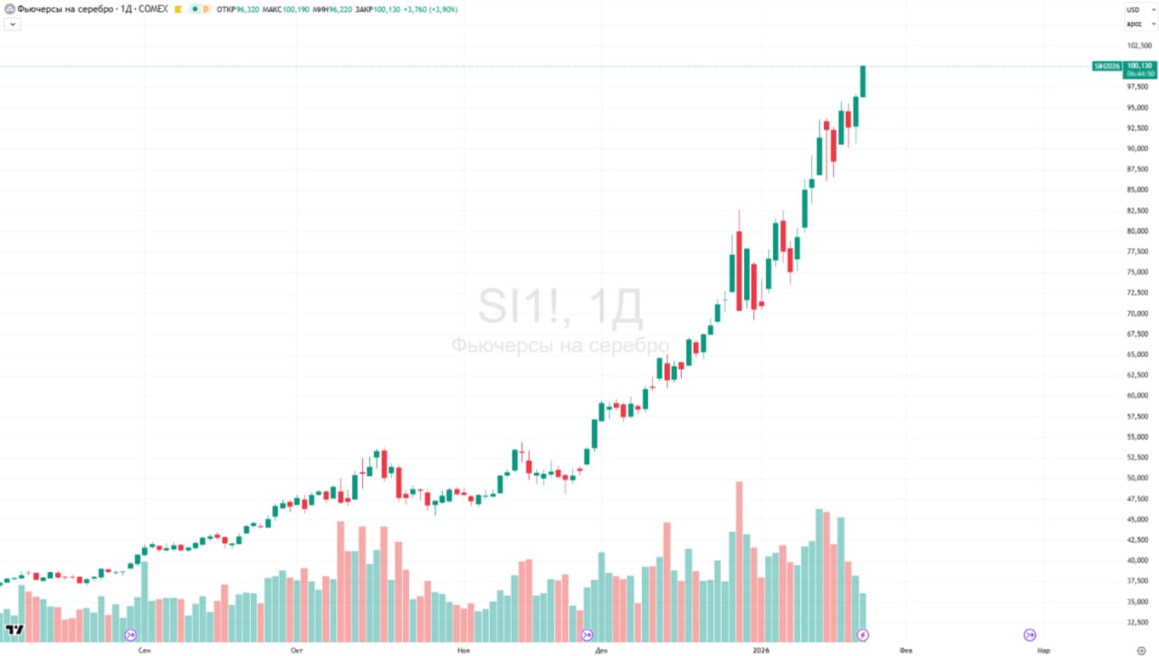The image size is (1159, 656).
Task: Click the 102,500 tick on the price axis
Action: pos(1138,45)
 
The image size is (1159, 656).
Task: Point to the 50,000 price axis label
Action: pos(1138,478)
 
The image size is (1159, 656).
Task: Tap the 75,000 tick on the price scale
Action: pos(1138,272)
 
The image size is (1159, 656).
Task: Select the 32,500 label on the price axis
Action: pos(1138,622)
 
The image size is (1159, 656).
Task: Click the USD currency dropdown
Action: pos(1138,9)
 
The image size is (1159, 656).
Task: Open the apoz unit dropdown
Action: pos(1138,24)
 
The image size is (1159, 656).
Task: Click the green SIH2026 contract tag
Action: pos(1106,66)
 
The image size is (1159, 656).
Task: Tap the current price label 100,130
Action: pos(1140,66)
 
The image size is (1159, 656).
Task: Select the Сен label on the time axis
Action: pos(144,650)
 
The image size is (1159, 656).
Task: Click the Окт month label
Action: pos(296,650)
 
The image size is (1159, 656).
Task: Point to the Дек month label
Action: pos(601,650)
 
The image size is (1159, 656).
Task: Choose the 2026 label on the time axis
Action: pos(761,650)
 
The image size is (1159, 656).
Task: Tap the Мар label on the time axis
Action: pos(1043,650)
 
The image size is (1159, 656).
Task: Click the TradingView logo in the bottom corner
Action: pos(14,630)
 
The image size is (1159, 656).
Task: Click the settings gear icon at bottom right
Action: pos(1140,650)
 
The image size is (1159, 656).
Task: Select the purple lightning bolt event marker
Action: pos(863,634)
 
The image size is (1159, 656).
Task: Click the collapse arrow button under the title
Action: pos(13,24)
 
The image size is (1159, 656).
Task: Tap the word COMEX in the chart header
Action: pos(154,9)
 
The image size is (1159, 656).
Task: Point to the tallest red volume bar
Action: pos(739,561)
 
